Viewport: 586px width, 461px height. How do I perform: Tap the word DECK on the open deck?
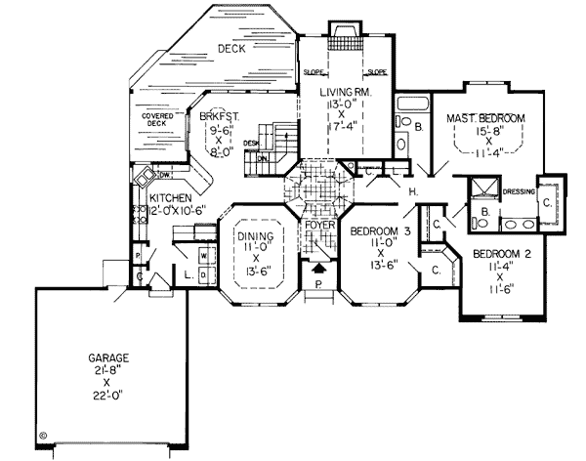(230, 48)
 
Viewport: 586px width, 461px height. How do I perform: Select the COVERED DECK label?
(157, 121)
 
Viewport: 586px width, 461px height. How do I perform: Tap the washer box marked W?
(204, 256)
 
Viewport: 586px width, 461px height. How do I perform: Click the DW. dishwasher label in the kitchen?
(166, 176)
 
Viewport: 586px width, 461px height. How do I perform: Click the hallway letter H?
(414, 191)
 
